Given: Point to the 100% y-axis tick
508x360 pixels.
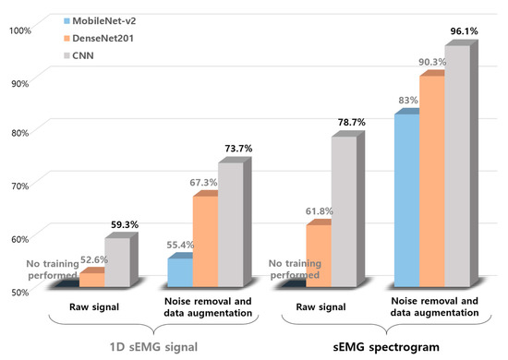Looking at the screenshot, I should click(x=19, y=30).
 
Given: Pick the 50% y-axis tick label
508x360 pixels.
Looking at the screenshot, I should click(x=21, y=292).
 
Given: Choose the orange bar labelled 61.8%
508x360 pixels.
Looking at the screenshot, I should click(x=318, y=255).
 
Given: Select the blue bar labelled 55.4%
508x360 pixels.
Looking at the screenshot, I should click(x=179, y=273).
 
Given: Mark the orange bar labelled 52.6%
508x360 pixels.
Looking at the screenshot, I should click(x=91, y=279).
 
